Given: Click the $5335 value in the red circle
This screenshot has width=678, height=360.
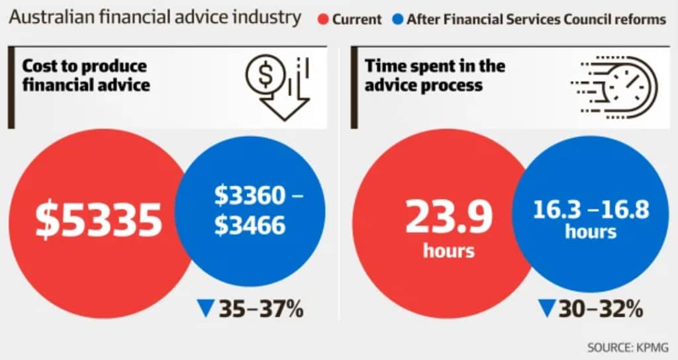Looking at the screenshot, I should point(98,221).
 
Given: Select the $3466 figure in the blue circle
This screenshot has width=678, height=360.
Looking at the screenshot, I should point(250,226).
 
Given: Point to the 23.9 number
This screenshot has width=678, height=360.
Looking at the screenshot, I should point(448,216).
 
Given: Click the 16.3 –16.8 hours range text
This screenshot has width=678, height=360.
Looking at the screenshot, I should point(591,210).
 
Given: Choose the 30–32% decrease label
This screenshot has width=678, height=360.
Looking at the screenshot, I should point(600,308).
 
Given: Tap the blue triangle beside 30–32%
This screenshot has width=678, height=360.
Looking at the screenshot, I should point(546,308).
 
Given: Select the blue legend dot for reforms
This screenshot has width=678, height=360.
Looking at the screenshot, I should point(397,19).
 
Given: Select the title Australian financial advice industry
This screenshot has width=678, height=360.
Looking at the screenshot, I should point(155,17).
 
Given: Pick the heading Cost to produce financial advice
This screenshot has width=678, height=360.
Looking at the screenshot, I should point(85,75).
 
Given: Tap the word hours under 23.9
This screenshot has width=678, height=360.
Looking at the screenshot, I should point(448,251).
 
